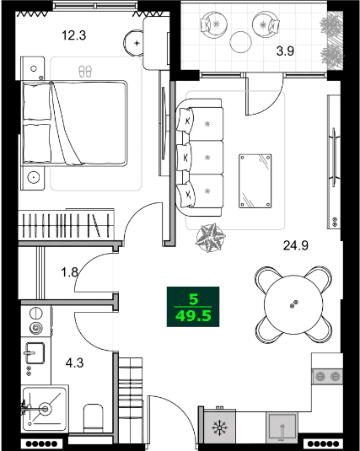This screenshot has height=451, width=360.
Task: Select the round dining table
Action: (x=294, y=303)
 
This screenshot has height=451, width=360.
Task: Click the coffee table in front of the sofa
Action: (x=255, y=180)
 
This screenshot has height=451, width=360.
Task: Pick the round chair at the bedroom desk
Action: (x=136, y=39)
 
